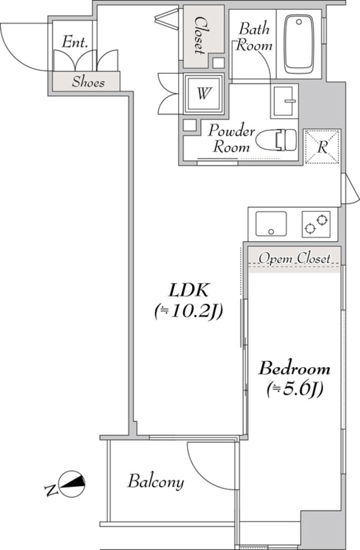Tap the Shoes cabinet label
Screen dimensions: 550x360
88,82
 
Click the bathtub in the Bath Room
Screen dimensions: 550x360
302,43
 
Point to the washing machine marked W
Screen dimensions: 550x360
205,94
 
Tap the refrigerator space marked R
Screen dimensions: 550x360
322,148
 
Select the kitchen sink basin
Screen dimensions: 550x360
271,224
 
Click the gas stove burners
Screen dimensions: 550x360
316,224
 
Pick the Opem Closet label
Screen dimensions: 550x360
294,259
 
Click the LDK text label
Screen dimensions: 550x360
188,291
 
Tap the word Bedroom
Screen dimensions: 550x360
295,368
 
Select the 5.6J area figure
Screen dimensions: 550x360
295,389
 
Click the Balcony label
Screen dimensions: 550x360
155,482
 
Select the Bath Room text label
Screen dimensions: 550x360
254,37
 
